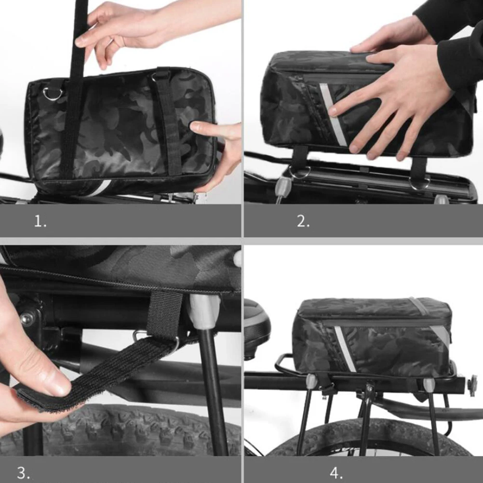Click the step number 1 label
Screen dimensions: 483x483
(x=40, y=221)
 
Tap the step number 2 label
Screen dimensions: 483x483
(x=303, y=221)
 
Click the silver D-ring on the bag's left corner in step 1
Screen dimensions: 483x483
(x=50, y=93)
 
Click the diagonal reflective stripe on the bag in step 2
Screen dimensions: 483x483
(x=333, y=116)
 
